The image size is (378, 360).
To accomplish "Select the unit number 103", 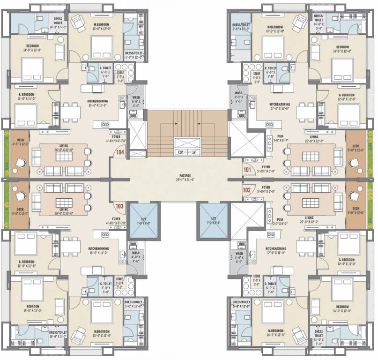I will [x=119, y=205].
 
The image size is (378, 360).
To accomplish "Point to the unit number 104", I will [x=120, y=152].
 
